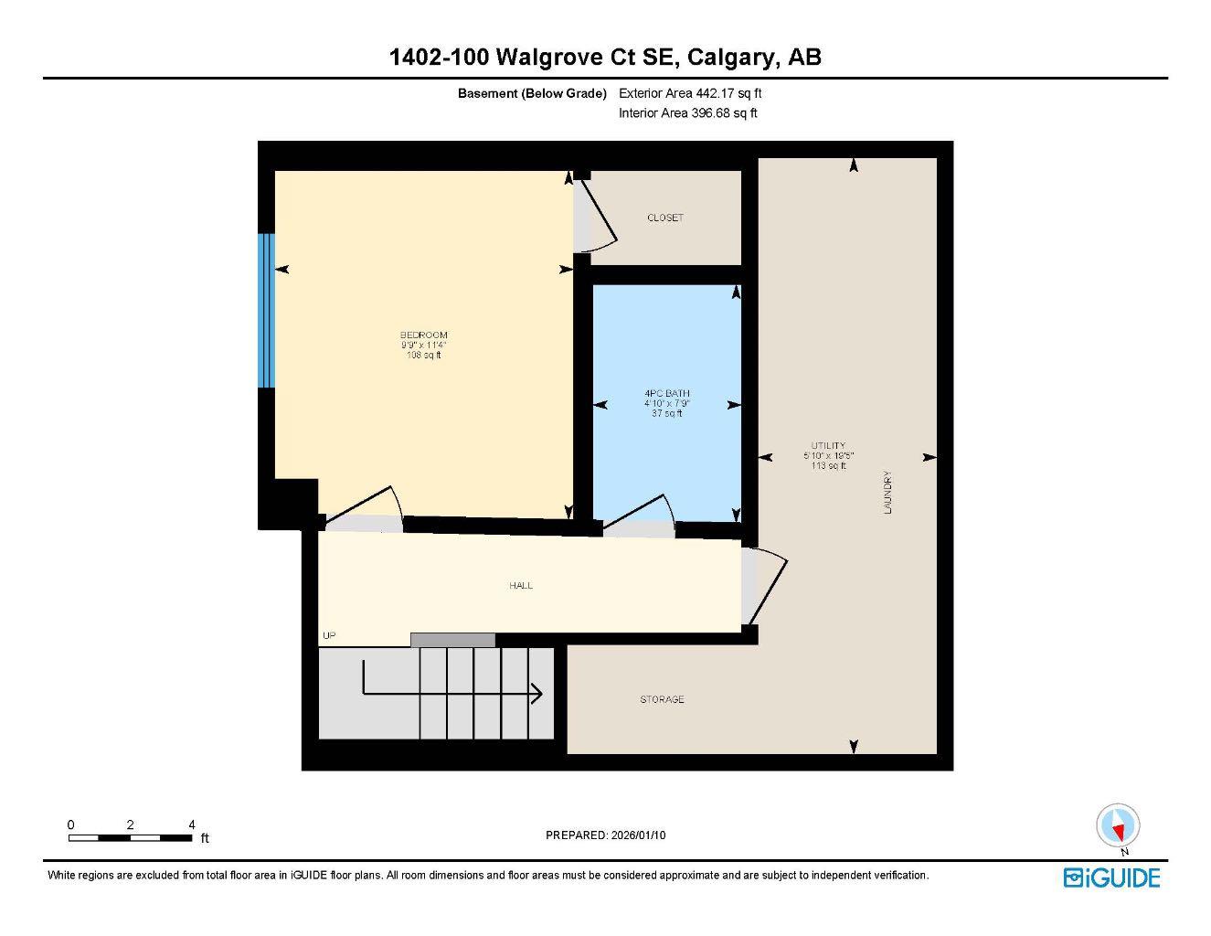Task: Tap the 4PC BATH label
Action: pyautogui.click(x=666, y=394)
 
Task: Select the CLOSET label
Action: pyautogui.click(x=664, y=218)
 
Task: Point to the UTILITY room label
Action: pyautogui.click(x=828, y=446)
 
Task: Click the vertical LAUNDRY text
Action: pyautogui.click(x=887, y=493)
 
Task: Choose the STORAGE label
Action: pyautogui.click(x=662, y=699)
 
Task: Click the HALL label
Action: pyautogui.click(x=521, y=585)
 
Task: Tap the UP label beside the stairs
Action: pyautogui.click(x=329, y=635)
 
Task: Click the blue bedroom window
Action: pyautogui.click(x=266, y=311)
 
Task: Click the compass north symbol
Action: pyautogui.click(x=1118, y=827)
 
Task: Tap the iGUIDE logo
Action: pyautogui.click(x=1111, y=878)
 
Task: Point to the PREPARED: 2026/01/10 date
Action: pyautogui.click(x=611, y=835)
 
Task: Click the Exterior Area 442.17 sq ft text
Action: pyautogui.click(x=690, y=93)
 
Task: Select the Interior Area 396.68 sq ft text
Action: pyautogui.click(x=687, y=113)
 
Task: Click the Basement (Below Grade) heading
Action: pyautogui.click(x=532, y=93)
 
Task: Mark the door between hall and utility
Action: pyautogui.click(x=766, y=585)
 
